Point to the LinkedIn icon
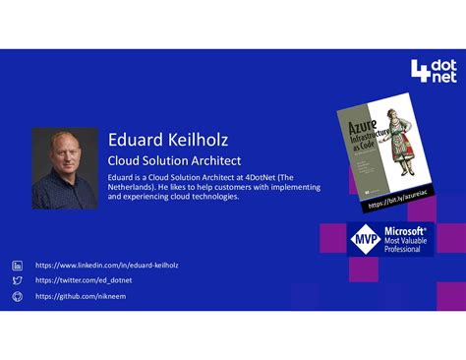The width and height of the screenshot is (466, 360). pyautogui.click(x=17, y=265)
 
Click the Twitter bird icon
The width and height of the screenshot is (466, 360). pyautogui.click(x=17, y=280)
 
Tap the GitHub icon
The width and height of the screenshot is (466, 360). pyautogui.click(x=17, y=296)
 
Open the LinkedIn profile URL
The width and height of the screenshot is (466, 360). pyautogui.click(x=106, y=265)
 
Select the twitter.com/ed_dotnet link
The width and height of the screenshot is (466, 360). pyautogui.click(x=84, y=280)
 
